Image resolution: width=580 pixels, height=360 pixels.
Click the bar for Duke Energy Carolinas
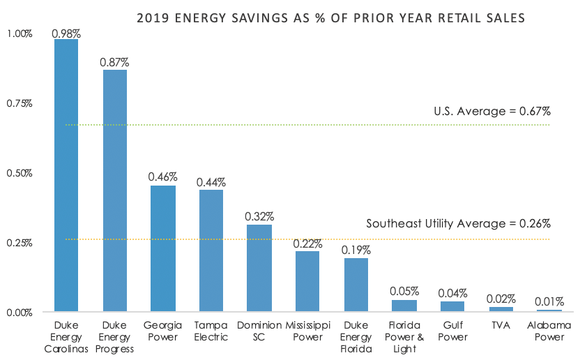pyautogui.click(x=66, y=174)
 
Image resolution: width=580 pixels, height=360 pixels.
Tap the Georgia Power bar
pyautogui.click(x=162, y=248)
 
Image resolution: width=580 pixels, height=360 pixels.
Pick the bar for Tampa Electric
pyautogui.click(x=211, y=250)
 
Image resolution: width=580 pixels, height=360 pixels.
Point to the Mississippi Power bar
pyautogui.click(x=307, y=281)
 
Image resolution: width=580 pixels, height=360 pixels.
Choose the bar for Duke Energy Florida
pyautogui.click(x=356, y=285)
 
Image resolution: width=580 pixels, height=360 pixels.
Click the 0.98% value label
pyautogui.click(x=66, y=32)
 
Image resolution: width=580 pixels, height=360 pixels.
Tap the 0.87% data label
pyautogui.click(x=114, y=63)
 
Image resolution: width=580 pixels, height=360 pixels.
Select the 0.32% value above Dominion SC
pyautogui.click(x=259, y=216)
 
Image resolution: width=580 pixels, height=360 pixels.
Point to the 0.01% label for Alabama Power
pyautogui.click(x=548, y=301)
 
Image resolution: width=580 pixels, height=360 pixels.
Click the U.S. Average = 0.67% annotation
pyautogui.click(x=492, y=111)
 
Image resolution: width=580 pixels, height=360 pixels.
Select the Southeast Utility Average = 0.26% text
pyautogui.click(x=459, y=224)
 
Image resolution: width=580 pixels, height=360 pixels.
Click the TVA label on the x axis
pyautogui.click(x=500, y=325)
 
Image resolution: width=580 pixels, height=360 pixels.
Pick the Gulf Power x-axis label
pyautogui.click(x=452, y=331)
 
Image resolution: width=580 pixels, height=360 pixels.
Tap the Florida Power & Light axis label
pyautogui.click(x=404, y=337)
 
